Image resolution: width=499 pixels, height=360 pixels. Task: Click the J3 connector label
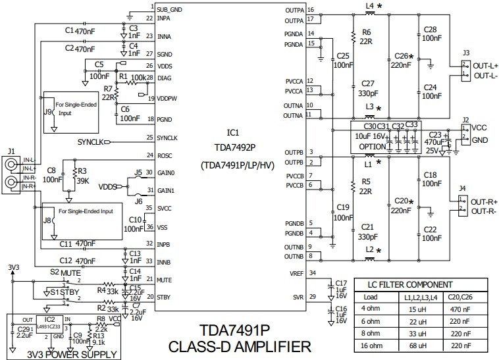coord(466,52)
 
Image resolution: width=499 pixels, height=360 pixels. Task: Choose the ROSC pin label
coord(165,156)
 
